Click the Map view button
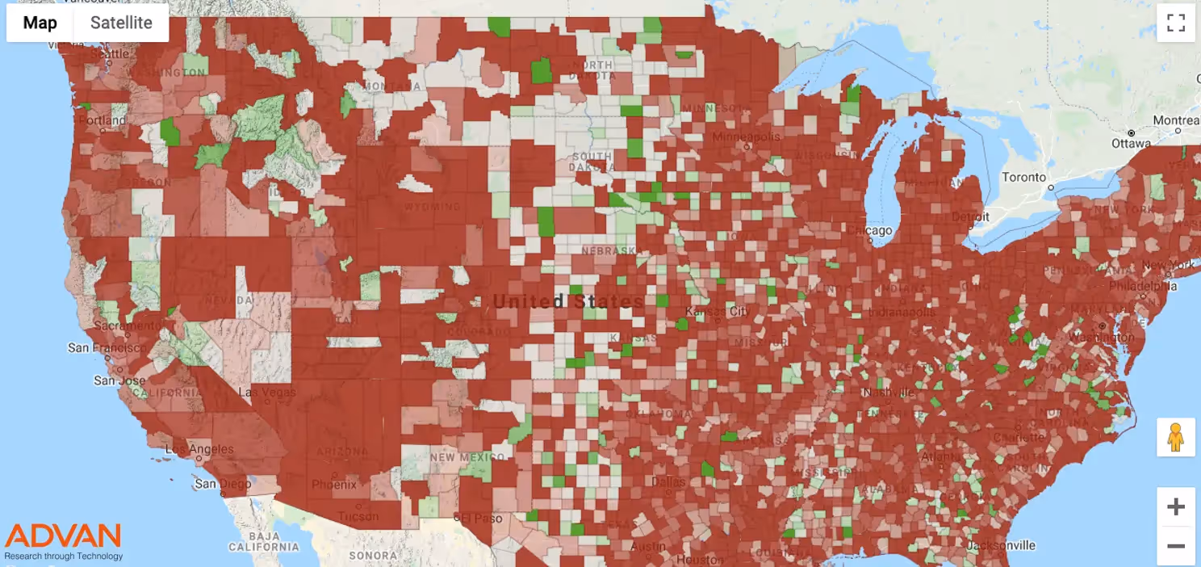coord(40,23)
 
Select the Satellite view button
coord(121,23)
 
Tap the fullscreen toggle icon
coord(1176,23)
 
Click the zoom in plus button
coord(1176,507)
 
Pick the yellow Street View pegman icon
coord(1176,439)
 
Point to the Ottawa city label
coord(1130,144)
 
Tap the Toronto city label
coord(1023,178)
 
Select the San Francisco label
coord(107,347)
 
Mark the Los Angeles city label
coord(199,449)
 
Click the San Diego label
coord(216,484)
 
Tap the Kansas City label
coord(717,311)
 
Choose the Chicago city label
coord(869,231)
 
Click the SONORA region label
coord(373,556)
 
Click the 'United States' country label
coord(568,301)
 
